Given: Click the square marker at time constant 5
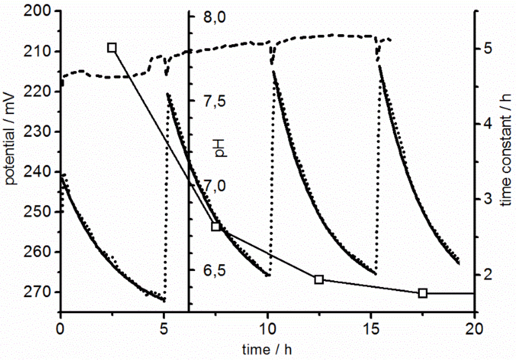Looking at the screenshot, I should tap(112, 48).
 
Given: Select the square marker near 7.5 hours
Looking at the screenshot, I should tap(216, 227).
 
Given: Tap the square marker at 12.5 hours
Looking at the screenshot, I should tap(318, 279).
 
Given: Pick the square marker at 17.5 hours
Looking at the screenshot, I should tap(423, 293).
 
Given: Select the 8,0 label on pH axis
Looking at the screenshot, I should tap(208, 19).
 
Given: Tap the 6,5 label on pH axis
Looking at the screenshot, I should tap(208, 271).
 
